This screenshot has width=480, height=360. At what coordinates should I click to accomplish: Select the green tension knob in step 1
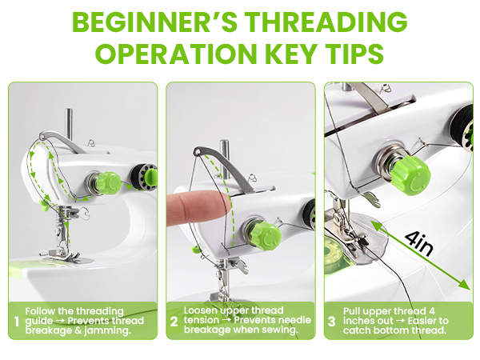pos(106,184)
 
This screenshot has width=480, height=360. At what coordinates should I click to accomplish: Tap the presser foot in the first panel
pos(58,254)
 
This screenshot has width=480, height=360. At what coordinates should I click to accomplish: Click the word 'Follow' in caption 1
pos(40,310)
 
